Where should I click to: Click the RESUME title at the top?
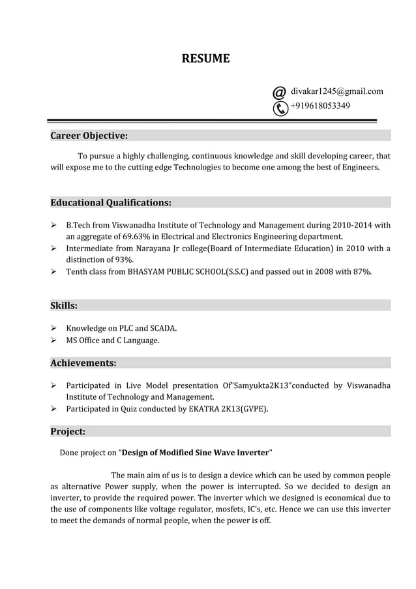click(205, 59)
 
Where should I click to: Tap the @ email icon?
click(279, 92)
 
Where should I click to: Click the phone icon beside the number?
click(280, 108)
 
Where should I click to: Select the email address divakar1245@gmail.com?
click(336, 91)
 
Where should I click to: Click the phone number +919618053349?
click(319, 106)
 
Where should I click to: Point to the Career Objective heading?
click(89, 136)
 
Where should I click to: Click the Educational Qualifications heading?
click(111, 202)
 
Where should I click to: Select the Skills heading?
click(64, 305)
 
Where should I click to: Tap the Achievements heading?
click(83, 363)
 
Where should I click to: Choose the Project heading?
click(68, 431)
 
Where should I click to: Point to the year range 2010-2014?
click(352, 225)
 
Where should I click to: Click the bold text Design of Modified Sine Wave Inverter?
click(196, 452)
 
